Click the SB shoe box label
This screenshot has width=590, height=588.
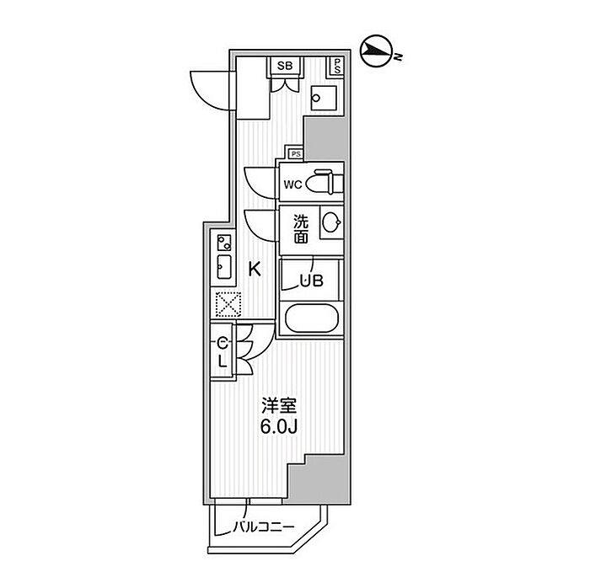[x=285, y=67]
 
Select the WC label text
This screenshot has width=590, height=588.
[x=292, y=184]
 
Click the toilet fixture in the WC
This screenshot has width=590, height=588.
[x=324, y=182]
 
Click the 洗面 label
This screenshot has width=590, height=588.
[x=301, y=229]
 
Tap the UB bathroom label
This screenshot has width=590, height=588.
[x=312, y=281]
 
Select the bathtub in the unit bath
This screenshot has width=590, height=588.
[x=312, y=318]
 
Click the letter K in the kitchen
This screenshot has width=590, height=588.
[x=255, y=270]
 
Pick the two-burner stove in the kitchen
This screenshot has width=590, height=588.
[x=224, y=242]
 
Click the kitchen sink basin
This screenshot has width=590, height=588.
[x=224, y=267]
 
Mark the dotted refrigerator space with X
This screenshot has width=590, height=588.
[x=228, y=304]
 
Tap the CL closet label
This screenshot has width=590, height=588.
[x=223, y=352]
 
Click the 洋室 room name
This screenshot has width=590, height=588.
[x=280, y=407]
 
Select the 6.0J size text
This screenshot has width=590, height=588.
[x=280, y=427]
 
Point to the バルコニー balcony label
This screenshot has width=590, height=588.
[x=263, y=527]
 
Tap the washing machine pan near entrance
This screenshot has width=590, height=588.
[x=324, y=98]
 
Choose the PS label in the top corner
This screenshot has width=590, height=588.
[x=337, y=66]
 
